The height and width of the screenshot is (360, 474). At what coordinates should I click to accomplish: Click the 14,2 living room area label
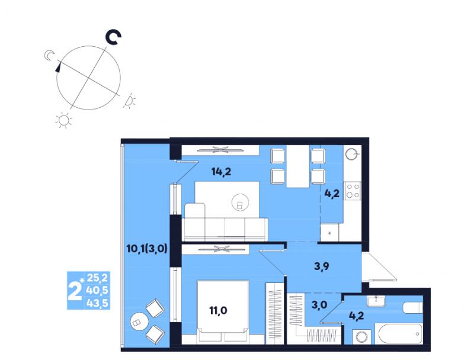pos(221,172)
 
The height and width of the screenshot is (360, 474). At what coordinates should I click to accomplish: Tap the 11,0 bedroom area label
pos(219,310)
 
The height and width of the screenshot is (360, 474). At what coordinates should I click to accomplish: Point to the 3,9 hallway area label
pos(321,266)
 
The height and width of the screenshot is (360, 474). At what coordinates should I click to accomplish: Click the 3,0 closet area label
pos(319,305)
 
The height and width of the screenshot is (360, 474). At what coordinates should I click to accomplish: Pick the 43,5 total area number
pos(97,303)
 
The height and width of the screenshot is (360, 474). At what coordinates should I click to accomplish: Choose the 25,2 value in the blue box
pos(97,277)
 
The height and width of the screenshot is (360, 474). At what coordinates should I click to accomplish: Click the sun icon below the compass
pos(64,120)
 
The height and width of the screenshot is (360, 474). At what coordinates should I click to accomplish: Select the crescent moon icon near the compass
pos(49,56)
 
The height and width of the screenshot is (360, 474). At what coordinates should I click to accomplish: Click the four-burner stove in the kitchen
pos(353,191)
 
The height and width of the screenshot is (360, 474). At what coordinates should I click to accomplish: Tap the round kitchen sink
pos(352,155)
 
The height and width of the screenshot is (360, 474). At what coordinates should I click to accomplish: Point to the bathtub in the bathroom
pos(398,333)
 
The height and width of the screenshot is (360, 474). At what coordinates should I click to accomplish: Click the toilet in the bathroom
pos(412,308)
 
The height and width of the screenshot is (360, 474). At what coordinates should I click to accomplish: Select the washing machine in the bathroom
pos(361,337)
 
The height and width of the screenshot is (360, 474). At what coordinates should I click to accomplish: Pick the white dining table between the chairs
pos(298,166)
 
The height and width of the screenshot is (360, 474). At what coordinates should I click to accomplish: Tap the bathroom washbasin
pos(376,301)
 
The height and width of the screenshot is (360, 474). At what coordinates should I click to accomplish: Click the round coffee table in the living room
pos(241,202)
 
